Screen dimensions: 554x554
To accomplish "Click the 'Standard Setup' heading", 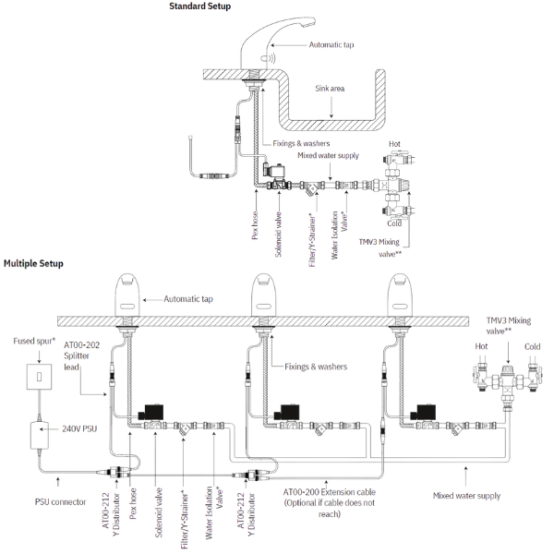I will point(200,7).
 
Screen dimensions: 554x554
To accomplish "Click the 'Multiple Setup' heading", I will point(33,263).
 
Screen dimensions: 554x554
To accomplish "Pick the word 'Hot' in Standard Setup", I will point(394,145).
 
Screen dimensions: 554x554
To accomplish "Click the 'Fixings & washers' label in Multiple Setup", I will point(317,367).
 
